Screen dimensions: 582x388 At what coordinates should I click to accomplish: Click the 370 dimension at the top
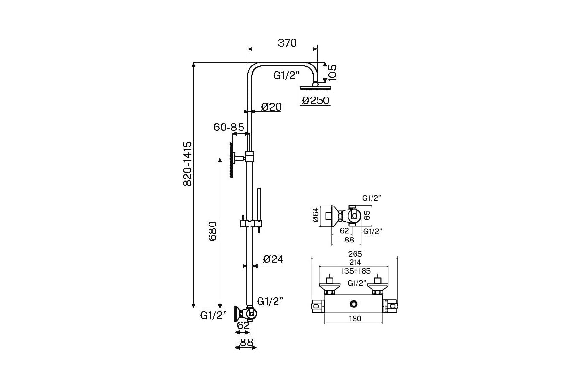tap(287, 43)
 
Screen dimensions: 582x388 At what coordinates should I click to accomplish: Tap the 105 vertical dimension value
tap(332, 73)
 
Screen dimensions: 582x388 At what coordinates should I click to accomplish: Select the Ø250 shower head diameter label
tap(316, 100)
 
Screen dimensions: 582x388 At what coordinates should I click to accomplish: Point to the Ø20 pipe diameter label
tap(271, 107)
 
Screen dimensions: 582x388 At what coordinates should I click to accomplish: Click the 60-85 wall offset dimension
tap(229, 127)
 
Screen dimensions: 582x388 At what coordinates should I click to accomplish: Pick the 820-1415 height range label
tap(187, 164)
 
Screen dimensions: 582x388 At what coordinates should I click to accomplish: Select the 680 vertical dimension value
tap(212, 231)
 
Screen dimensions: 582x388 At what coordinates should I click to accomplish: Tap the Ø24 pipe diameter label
tap(273, 259)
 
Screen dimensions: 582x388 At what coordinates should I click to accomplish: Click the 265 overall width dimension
tap(355, 254)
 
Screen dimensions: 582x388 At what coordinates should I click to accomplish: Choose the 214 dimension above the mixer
tap(355, 263)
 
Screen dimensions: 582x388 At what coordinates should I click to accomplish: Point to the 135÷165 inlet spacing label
tap(356, 271)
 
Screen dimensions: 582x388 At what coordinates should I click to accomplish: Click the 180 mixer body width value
tap(355, 319)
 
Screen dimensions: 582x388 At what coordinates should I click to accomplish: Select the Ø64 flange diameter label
tap(315, 215)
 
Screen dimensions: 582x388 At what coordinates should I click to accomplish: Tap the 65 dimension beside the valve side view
tap(367, 215)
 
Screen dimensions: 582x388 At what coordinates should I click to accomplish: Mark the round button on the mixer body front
tap(354, 304)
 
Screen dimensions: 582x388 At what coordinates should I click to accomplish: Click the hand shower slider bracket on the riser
tap(251, 224)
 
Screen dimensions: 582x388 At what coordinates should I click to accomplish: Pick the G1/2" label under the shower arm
tap(286, 76)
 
